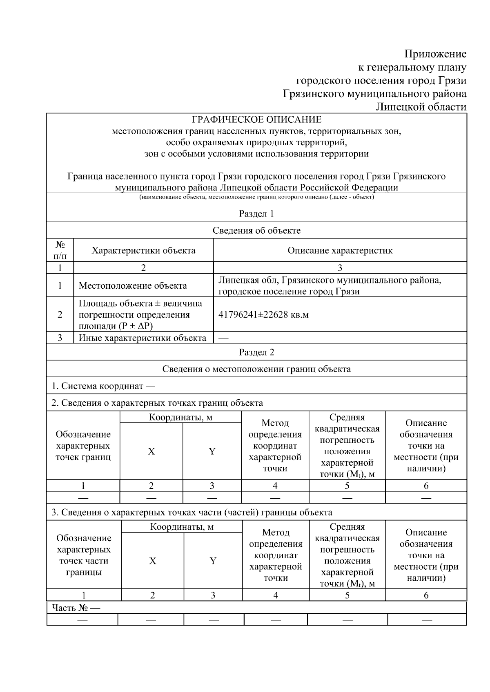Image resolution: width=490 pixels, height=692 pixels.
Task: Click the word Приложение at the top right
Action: tap(435, 54)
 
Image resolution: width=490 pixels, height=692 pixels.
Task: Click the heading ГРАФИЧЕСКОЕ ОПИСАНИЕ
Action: tap(256, 119)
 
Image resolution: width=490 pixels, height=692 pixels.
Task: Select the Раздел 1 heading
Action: tap(256, 214)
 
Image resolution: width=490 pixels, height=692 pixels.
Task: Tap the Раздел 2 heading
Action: tap(256, 352)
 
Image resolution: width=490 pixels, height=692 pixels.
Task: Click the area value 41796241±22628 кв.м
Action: tap(263, 315)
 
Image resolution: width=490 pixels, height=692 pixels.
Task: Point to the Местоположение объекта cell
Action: tap(133, 285)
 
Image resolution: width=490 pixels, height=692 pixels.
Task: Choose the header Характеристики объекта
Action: tap(143, 250)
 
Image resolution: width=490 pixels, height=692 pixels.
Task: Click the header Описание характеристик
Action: tap(340, 250)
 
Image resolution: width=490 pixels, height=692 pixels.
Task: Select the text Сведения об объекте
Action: tap(256, 230)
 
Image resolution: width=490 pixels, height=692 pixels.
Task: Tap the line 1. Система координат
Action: tap(103, 386)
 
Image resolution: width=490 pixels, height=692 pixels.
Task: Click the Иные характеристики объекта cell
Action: tap(142, 338)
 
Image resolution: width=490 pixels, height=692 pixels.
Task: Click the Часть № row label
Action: tap(76, 608)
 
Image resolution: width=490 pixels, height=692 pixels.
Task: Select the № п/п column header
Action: tap(60, 250)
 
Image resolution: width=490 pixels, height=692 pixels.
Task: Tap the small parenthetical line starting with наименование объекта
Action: tap(256, 197)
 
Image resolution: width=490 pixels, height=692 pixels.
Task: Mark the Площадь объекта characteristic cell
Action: tap(140, 315)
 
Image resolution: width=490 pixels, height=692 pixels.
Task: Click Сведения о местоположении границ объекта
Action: tap(256, 369)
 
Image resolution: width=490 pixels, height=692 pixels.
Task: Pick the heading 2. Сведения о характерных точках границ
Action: tap(157, 403)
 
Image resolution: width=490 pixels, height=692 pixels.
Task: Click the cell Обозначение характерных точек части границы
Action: tap(83, 555)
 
